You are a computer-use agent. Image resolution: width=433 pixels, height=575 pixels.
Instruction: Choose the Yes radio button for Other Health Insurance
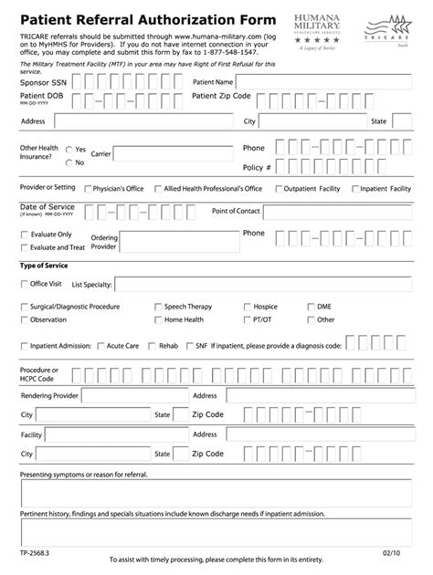coord(69,149)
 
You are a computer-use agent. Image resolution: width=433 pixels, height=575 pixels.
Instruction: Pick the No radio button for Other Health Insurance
coord(69,162)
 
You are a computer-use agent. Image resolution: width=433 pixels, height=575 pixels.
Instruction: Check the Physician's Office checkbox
coord(87,189)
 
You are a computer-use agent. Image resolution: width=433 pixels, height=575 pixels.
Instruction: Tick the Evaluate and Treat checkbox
coord(25,247)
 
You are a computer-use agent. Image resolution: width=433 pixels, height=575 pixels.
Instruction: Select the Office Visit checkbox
coord(25,284)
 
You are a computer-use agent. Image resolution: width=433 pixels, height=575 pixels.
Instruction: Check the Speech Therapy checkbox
coord(158,308)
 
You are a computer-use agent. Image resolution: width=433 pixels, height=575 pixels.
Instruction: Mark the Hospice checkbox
coord(247,308)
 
